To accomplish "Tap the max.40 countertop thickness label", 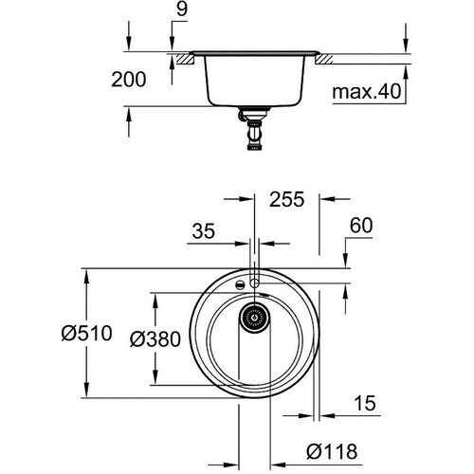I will point(366,93).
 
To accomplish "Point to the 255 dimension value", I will point(285,200).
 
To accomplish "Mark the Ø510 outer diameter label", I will point(87,333).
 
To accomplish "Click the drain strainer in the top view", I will point(254,319).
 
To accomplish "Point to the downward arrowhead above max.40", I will point(406,48).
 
